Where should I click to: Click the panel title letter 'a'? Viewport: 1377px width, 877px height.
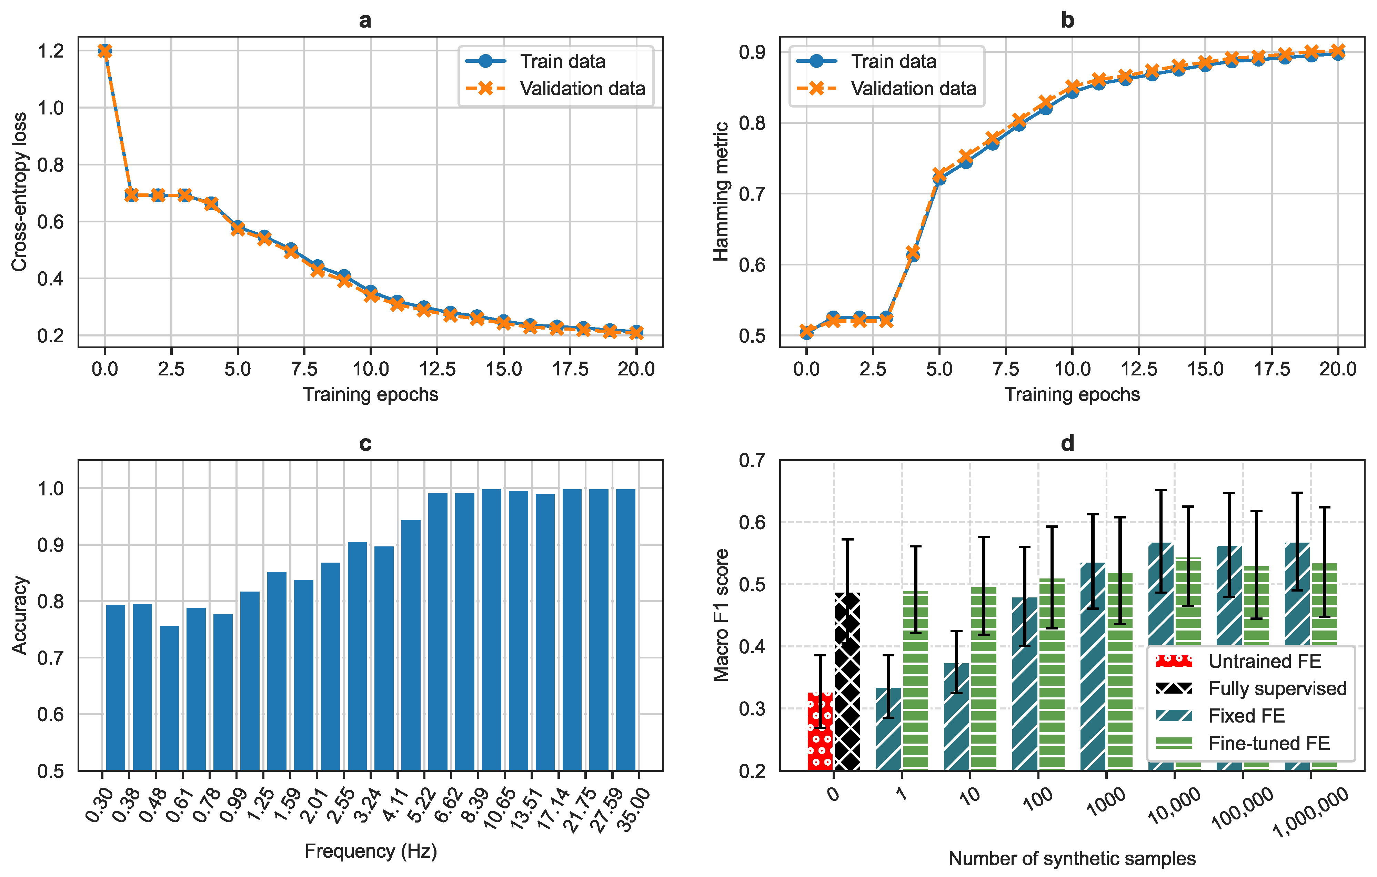pos(365,21)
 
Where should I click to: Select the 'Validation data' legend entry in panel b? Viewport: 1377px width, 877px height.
pos(886,89)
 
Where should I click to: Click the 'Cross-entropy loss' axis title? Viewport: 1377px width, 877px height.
pos(19,192)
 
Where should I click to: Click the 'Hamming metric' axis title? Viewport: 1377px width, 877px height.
pos(721,192)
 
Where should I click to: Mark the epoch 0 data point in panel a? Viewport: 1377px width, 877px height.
pos(105,51)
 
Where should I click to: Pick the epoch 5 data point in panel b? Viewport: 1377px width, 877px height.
pos(939,177)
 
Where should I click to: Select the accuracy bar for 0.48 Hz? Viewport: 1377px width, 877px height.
pos(169,698)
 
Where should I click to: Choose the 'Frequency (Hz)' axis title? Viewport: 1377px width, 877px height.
pos(371,851)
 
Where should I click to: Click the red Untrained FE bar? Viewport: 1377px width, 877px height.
pos(820,731)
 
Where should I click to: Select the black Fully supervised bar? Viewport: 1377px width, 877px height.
pos(847,682)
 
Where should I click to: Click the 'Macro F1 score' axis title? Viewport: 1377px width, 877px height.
pos(721,615)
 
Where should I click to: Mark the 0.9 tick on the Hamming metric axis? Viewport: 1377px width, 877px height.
pos(753,52)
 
